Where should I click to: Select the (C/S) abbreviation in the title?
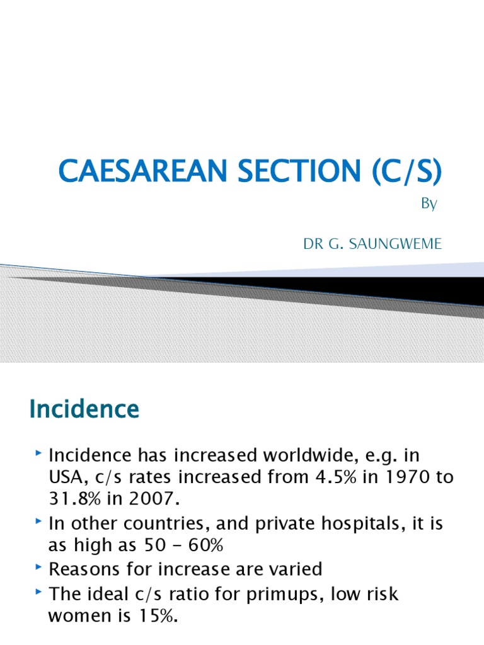403,173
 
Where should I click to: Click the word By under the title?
429,205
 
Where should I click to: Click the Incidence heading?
84,410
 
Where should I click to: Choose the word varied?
291,569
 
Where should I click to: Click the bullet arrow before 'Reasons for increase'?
39,568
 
